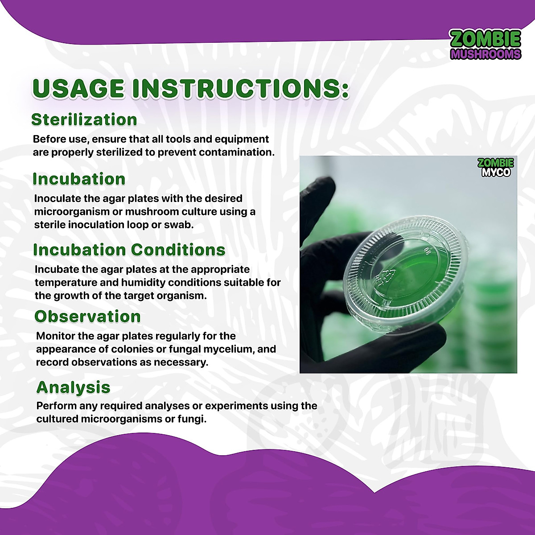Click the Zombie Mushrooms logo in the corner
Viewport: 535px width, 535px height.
[486, 45]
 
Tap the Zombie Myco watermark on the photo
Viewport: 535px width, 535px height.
[496, 168]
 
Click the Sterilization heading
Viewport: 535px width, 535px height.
[84, 119]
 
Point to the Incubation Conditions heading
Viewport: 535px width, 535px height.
[129, 250]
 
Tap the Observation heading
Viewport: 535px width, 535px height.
[87, 316]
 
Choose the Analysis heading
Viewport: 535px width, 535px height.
[73, 387]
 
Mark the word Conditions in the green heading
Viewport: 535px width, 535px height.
[178, 250]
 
